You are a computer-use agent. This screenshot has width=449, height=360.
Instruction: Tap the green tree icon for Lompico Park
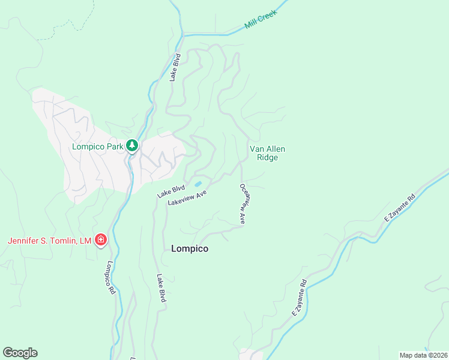click(x=132, y=146)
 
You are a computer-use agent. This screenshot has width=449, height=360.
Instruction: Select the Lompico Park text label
click(x=98, y=146)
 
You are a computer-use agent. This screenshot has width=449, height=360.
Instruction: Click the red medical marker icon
click(x=101, y=241)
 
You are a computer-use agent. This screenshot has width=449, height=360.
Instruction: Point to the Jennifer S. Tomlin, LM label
click(x=49, y=241)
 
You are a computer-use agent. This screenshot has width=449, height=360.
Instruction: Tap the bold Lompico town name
click(x=190, y=248)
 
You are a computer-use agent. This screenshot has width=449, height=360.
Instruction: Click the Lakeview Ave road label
click(x=187, y=197)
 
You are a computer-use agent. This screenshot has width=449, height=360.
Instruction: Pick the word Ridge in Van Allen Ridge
click(x=267, y=158)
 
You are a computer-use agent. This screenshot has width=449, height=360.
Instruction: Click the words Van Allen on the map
click(x=267, y=149)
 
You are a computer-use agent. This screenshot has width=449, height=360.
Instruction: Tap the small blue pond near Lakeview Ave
click(x=197, y=184)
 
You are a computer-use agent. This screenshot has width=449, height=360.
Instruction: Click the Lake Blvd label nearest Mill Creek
click(x=175, y=68)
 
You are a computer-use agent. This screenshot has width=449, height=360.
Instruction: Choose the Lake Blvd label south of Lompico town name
click(x=160, y=288)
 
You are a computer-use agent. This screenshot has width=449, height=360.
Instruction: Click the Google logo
click(x=20, y=353)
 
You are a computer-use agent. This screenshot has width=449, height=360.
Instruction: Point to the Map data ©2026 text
click(x=423, y=355)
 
